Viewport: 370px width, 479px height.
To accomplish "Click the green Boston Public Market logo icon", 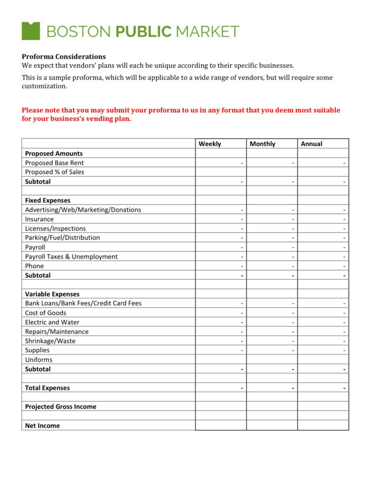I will pos(31,31).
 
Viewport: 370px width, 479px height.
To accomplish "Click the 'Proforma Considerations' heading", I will pos(64,56).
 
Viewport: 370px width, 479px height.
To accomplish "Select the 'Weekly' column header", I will pos(210,144).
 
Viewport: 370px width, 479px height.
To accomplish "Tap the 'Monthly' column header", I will pos(262,144).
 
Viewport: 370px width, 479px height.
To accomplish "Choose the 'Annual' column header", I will pos(311,144).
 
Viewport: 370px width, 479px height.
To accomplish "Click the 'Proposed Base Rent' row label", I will pos(54,163).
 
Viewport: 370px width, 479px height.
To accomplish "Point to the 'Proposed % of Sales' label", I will pos(54,172).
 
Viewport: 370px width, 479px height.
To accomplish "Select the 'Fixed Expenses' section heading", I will pos(47,200).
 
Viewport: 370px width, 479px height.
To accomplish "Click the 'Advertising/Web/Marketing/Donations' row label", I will pos(83,210).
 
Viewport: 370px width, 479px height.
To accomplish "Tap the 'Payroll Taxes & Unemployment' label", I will pos(71,257).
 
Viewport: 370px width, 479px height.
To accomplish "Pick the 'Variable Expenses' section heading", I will pos(52,294).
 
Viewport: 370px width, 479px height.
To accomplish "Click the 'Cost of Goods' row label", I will pos(45,313).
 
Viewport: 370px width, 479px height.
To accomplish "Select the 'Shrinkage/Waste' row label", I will pos(50,341).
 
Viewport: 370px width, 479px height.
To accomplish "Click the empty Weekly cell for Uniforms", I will pos(221,360).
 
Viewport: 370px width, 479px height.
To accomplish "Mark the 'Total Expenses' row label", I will pos(47,388).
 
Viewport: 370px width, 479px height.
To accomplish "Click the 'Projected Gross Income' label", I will pos(61,407).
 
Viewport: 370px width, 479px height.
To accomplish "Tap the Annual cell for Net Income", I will pos(323,426).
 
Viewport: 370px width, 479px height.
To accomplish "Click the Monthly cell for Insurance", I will pos(272,219).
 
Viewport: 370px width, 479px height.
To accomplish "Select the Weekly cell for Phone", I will pos(221,266).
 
